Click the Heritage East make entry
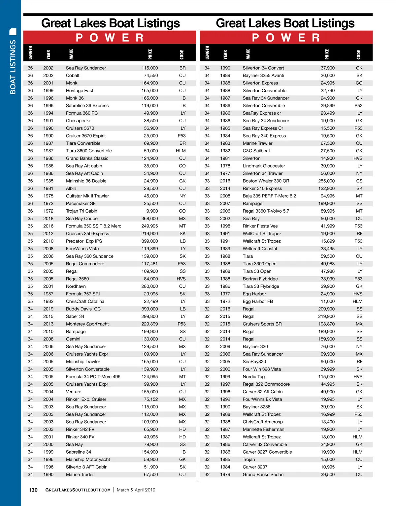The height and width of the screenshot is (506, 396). coord(80,91)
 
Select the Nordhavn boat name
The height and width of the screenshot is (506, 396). coord(76,286)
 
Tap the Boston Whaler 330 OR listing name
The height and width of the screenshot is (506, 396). coord(266,181)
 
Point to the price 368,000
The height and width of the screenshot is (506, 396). coord(149,219)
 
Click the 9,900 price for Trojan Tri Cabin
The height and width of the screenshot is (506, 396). coord(152,211)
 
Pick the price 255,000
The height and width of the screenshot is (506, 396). coord(326,181)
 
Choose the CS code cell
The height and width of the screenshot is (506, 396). coord(359,181)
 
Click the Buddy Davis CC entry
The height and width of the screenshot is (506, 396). coord(83,309)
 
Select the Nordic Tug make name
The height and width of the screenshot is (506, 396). coord(253,377)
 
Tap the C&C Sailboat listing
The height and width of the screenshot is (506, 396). coord(256,151)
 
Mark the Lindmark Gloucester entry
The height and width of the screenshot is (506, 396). coord(264,166)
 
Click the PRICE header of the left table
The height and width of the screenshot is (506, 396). coord(150,54)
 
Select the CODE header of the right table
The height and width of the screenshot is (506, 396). coord(359,55)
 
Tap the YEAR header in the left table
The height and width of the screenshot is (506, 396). coord(49,54)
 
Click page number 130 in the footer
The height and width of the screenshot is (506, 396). coord(33,490)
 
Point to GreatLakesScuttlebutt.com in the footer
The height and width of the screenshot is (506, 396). coord(78,490)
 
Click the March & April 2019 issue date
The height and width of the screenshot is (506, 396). coord(136,490)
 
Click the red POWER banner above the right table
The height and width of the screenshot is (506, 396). coord(286,38)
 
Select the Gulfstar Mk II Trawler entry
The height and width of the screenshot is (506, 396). coord(87,196)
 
